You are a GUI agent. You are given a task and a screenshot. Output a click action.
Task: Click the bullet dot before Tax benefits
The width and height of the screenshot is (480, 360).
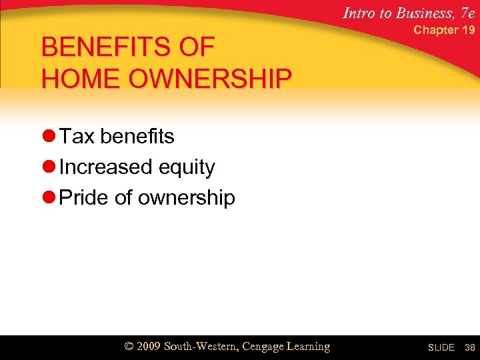(x=48, y=136)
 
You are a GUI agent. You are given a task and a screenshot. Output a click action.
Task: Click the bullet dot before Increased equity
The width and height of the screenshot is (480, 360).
(x=48, y=167)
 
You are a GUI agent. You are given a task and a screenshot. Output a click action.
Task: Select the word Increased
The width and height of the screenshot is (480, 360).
(x=105, y=167)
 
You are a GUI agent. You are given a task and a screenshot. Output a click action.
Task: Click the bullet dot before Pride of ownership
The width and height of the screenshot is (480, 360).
(x=48, y=197)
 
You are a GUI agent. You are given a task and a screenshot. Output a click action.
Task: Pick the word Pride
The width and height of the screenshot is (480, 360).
(x=83, y=197)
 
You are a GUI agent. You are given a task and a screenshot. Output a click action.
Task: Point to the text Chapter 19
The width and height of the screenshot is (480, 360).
(x=444, y=30)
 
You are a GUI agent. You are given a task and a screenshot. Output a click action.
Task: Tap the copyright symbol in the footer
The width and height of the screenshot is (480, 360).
(x=131, y=347)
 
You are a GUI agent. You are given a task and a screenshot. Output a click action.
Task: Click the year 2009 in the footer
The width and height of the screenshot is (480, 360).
(x=151, y=347)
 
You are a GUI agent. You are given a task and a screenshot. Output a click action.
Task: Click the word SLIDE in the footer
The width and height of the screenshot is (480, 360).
(x=441, y=347)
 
